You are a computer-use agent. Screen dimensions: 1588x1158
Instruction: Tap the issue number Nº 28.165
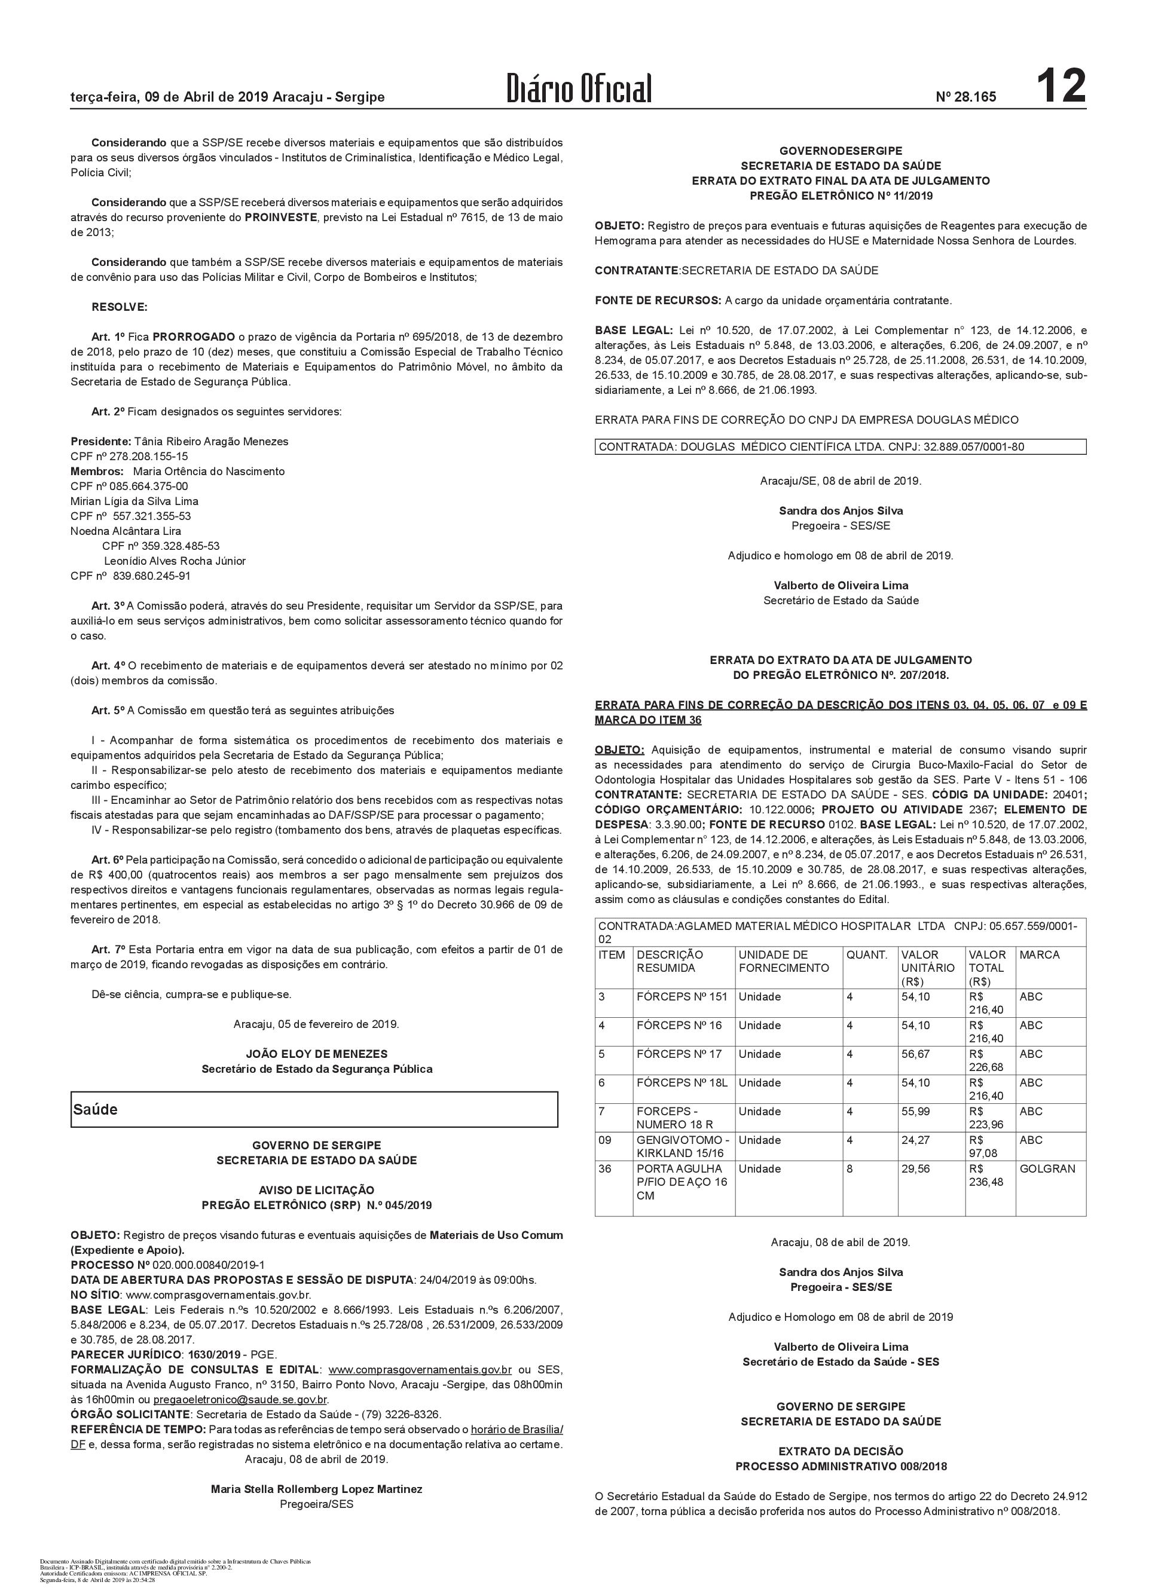pyautogui.click(x=965, y=97)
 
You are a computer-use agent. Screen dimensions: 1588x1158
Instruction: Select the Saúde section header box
pyautogui.click(x=314, y=1109)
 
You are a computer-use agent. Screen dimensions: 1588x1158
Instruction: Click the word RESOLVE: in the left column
pyautogui.click(x=120, y=307)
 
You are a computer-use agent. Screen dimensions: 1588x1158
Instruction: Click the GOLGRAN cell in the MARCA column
pyautogui.click(x=1047, y=1168)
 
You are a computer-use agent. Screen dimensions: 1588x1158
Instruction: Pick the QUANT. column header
pyautogui.click(x=866, y=954)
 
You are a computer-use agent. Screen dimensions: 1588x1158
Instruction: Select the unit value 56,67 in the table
pyautogui.click(x=915, y=1054)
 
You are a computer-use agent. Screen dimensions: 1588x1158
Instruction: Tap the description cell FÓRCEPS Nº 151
pyautogui.click(x=682, y=996)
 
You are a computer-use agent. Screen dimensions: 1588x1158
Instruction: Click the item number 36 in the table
pyautogui.click(x=605, y=1168)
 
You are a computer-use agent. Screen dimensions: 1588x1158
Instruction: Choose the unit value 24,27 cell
pyautogui.click(x=915, y=1140)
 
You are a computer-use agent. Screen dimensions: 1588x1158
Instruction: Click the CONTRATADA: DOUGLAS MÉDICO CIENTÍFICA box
pyautogui.click(x=840, y=446)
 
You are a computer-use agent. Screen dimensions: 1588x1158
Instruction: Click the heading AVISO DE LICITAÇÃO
pyautogui.click(x=316, y=1190)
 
